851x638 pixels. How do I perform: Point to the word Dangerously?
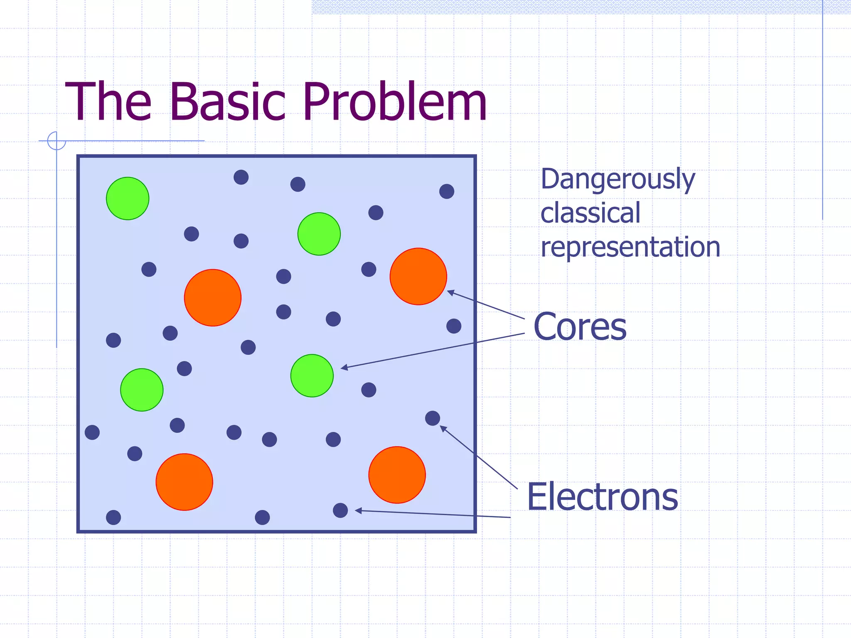coord(617,179)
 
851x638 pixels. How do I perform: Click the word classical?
coord(590,213)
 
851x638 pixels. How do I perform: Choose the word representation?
coord(630,247)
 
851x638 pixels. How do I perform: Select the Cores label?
coord(580,327)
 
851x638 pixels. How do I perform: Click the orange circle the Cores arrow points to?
coord(418,276)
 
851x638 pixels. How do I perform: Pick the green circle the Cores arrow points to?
coord(312,375)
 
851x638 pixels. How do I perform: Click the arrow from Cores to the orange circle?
coord(486,305)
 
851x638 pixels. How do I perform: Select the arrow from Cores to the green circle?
coord(432,351)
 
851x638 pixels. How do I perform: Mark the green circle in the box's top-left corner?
coord(128,199)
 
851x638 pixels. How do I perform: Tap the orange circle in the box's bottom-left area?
coord(184,482)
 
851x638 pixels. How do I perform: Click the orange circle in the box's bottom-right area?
coord(397,475)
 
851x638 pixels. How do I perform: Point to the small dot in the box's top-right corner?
coord(447,191)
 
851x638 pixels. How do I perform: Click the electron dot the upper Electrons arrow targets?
coord(433,418)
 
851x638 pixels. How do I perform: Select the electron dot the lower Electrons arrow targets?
coord(340,510)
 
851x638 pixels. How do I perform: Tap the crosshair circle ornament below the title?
coord(57,140)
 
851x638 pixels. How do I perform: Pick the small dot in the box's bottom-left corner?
coord(113,517)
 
